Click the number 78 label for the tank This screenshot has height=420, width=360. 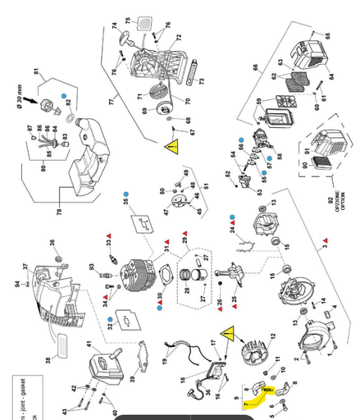click(x=60, y=212)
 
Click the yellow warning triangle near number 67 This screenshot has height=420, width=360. click(x=172, y=148)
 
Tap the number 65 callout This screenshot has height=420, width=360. click(x=328, y=35)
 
